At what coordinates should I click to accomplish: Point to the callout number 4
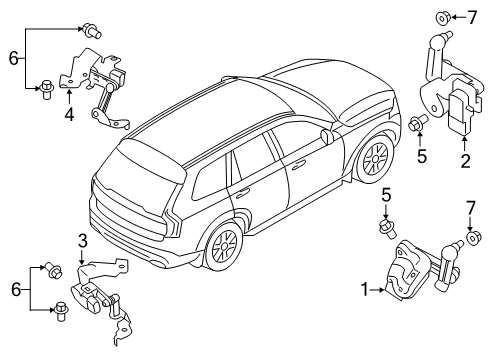[x=69, y=113]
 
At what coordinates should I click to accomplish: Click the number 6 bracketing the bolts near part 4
[x=13, y=59]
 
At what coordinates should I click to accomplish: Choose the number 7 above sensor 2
[x=472, y=17]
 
